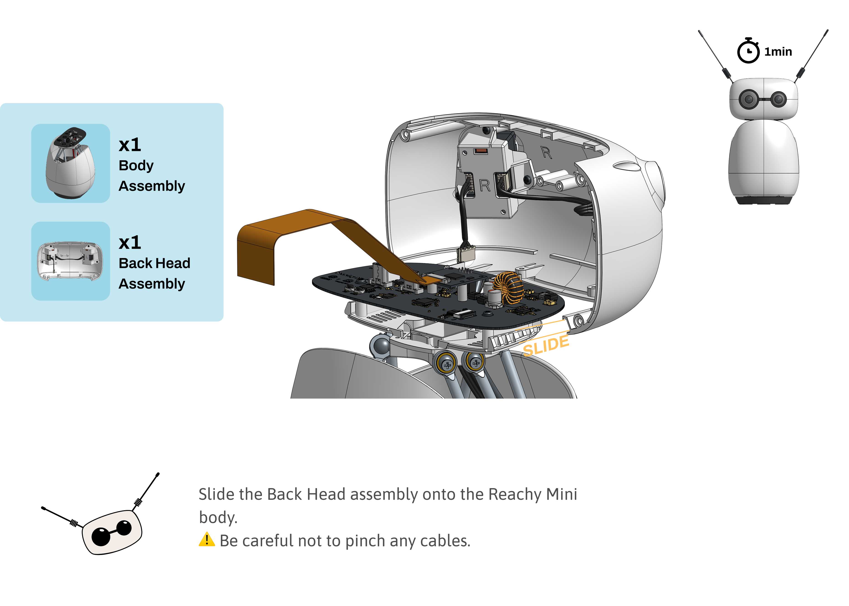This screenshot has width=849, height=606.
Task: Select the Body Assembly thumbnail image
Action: (70, 163)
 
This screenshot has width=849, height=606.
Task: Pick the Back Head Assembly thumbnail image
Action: (70, 261)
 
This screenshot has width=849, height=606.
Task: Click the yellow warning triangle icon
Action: (207, 540)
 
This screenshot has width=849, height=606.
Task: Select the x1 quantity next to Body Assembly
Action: (130, 145)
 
